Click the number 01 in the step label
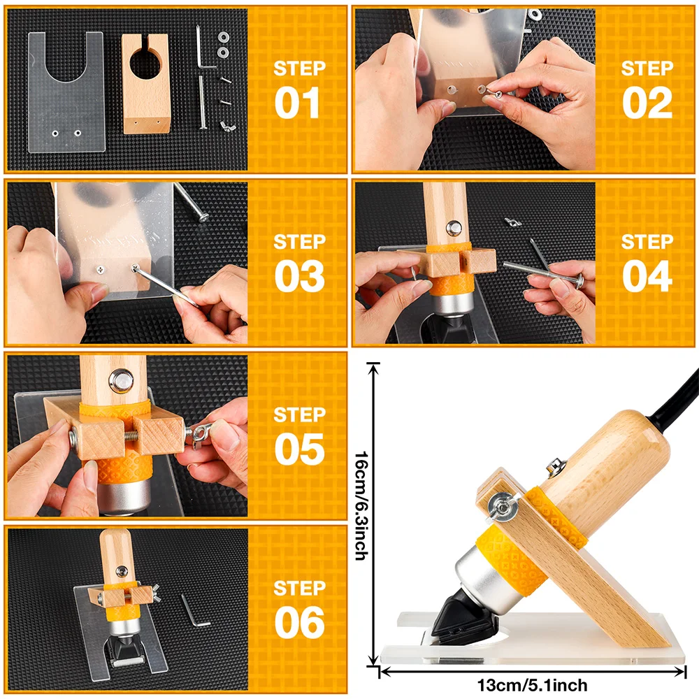click(x=297, y=103)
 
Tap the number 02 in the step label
click(x=647, y=103)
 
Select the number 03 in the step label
click(x=300, y=276)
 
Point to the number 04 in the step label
click(x=647, y=276)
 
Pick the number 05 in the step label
click(x=300, y=449)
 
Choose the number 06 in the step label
click(x=300, y=622)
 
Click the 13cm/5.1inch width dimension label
click(x=532, y=685)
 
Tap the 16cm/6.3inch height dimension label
click(x=361, y=505)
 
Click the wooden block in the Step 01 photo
click(x=146, y=84)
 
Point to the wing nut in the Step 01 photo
click(x=227, y=127)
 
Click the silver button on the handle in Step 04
click(x=454, y=228)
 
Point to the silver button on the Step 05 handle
click(x=121, y=381)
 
